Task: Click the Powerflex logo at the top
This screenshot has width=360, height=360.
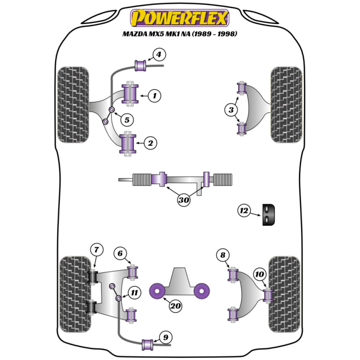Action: coord(180,18)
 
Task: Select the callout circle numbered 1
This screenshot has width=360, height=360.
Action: coord(154,96)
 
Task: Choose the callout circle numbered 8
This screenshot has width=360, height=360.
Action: coord(223,255)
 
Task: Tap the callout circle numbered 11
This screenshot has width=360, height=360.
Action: coord(134,293)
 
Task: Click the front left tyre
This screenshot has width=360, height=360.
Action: coord(73,105)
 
